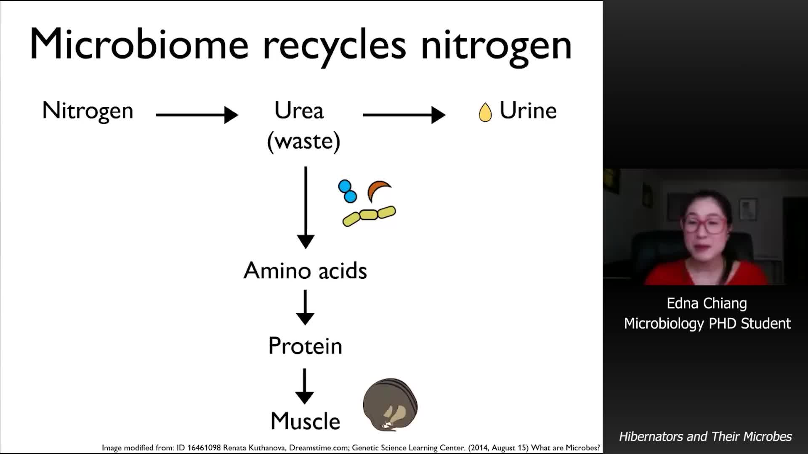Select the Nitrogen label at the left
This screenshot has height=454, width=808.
tap(88, 111)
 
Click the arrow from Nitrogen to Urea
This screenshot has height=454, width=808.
tap(197, 114)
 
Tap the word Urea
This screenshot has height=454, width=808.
tap(299, 110)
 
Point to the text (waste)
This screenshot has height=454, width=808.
tap(303, 141)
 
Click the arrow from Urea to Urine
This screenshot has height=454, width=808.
tap(404, 114)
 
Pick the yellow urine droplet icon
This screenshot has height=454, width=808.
tap(485, 112)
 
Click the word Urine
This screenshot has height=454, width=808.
tap(528, 111)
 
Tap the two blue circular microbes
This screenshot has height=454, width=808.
tap(347, 191)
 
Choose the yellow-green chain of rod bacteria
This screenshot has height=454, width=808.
tap(369, 216)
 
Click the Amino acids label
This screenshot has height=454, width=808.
tap(305, 270)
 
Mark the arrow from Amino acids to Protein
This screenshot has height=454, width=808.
tap(305, 307)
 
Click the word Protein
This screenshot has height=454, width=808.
tap(305, 346)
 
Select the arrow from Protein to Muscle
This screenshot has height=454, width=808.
tap(304, 386)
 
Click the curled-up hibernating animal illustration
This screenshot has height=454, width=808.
tap(390, 405)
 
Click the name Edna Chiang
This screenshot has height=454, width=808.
tap(707, 304)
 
